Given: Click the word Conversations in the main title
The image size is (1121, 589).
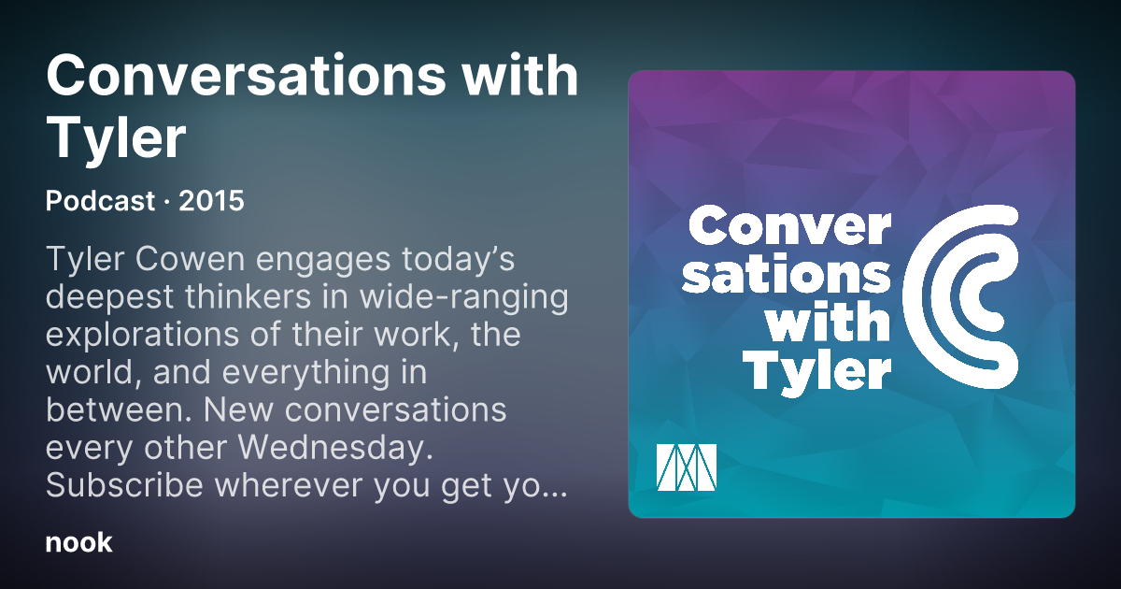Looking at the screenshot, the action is (x=246, y=76).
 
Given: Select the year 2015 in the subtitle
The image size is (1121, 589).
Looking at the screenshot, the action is (x=211, y=201).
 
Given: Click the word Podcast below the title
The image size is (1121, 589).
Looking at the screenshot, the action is (x=100, y=201).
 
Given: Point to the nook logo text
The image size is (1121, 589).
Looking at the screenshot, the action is (x=79, y=543).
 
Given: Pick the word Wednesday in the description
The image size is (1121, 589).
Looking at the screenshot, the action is (x=335, y=447).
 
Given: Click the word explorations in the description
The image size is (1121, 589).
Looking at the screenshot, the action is (x=143, y=335).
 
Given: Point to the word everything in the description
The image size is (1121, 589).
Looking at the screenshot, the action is (x=305, y=374).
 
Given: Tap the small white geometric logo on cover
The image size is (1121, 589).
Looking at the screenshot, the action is (x=686, y=467).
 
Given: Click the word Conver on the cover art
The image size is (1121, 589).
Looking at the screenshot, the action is (x=789, y=227).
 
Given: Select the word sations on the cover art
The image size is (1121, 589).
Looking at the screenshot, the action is (x=787, y=275).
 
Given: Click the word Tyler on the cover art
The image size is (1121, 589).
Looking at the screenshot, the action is (x=816, y=372).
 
